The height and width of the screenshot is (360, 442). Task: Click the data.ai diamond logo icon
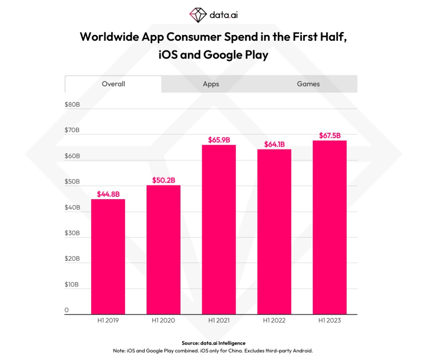tap(198, 15)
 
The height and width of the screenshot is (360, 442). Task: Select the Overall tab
tap(113, 84)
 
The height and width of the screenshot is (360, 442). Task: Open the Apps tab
tap(211, 84)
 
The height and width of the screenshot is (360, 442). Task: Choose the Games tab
tap(308, 84)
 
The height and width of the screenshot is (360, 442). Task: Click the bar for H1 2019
tap(108, 257)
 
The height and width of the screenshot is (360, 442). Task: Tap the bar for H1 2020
tap(163, 250)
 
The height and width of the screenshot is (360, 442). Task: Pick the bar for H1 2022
tap(274, 232)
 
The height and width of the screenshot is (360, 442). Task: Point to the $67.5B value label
tap(330, 136)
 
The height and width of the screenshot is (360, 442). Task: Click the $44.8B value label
tap(108, 194)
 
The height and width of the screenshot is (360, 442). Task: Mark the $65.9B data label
tap(219, 140)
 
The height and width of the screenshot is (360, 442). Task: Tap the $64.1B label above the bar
tap(274, 144)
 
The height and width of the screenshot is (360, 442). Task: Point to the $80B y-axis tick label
tap(72, 105)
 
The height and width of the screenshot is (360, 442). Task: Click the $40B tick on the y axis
tap(72, 208)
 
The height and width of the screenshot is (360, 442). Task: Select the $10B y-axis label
tap(72, 285)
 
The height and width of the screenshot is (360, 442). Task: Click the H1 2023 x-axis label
tap(330, 320)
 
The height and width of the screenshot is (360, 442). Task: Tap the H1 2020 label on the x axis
tap(163, 320)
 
